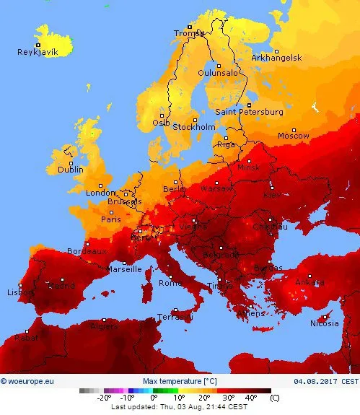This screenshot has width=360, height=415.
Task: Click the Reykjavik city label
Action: click(x=38, y=52)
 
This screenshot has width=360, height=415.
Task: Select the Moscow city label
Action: click(x=294, y=136)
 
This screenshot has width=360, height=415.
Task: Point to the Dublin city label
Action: click(x=71, y=170)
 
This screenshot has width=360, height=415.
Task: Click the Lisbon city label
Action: click(x=19, y=292)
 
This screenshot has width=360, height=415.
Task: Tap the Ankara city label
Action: click(x=310, y=283)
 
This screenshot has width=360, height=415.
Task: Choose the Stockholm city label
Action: click(x=194, y=127)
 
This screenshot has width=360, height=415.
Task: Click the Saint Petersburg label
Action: click(x=249, y=112)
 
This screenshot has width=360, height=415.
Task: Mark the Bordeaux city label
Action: click(x=86, y=251)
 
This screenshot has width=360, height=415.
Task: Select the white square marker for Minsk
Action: click(x=250, y=162)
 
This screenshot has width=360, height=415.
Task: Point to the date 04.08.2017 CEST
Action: click(x=325, y=380)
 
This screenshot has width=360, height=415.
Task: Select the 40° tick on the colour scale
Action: click(x=250, y=398)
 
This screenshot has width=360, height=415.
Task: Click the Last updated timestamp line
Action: click(x=179, y=407)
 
